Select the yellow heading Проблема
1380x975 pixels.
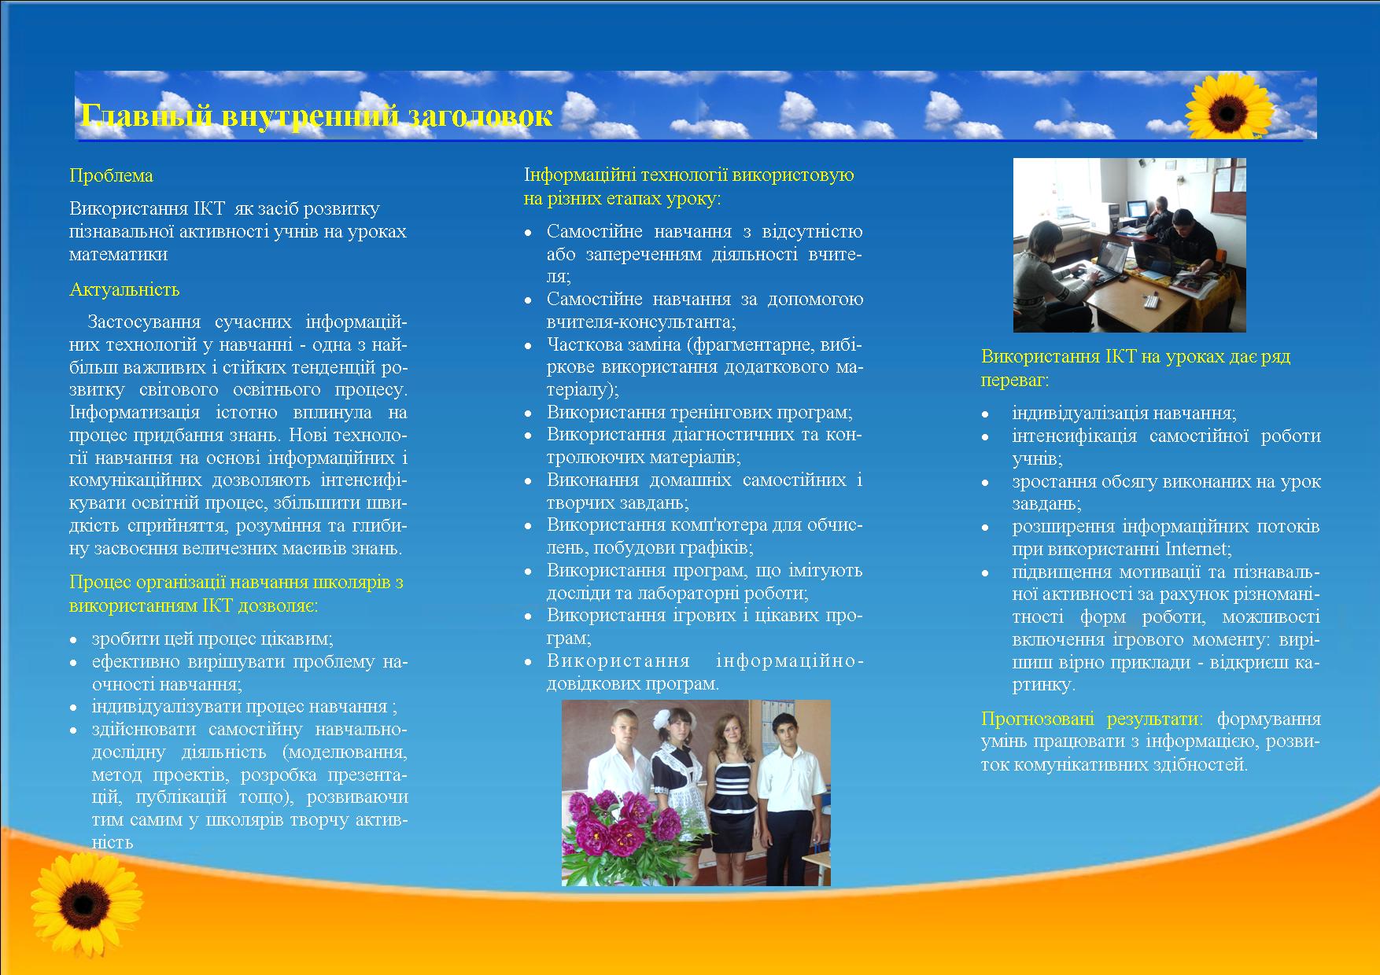click(x=111, y=175)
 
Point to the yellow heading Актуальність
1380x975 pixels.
click(x=124, y=289)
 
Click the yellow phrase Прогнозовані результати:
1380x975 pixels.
click(x=1092, y=719)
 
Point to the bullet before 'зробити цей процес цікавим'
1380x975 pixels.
click(x=74, y=640)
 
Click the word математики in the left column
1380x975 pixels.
click(x=118, y=254)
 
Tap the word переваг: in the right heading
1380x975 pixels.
click(x=1015, y=381)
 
